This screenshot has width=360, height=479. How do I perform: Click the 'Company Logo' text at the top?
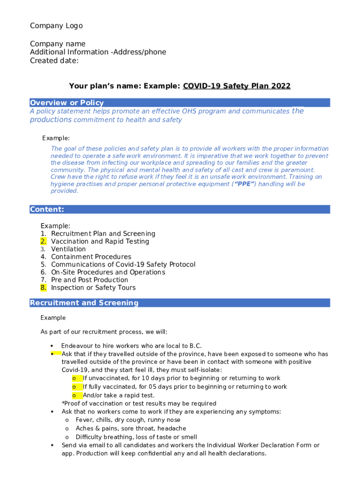coord(56,26)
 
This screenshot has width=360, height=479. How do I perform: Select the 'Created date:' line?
coord(54,61)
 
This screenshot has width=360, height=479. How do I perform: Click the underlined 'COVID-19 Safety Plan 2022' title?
coord(237,86)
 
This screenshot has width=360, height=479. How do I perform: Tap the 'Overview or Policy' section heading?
coord(67,103)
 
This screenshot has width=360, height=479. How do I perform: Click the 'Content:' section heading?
coord(47,210)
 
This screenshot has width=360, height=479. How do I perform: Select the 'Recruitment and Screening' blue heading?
coord(84,303)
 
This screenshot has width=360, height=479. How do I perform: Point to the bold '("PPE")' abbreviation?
coord(245,184)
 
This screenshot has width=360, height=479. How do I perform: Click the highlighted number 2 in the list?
coord(43,241)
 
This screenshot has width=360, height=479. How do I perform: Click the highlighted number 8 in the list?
coord(43,288)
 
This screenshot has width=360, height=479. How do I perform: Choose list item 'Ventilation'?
coord(68,249)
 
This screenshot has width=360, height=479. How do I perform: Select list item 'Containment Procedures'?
coord(91,257)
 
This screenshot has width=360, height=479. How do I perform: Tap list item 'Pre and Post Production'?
coord(89,280)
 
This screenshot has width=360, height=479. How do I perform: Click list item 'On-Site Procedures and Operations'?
coord(108,272)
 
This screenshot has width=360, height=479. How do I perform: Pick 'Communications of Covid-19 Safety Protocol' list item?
coord(123,265)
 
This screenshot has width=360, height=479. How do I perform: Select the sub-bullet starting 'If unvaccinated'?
coord(181,378)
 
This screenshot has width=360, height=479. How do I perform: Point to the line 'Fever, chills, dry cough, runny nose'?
coord(128,420)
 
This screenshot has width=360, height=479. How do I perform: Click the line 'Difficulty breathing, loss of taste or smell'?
coord(136,437)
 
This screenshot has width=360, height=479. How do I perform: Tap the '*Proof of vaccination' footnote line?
coord(139,404)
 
